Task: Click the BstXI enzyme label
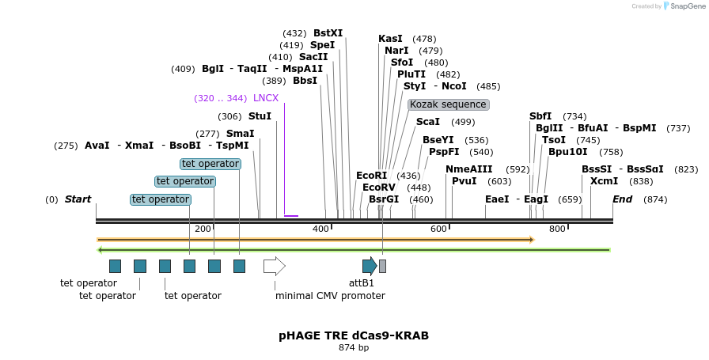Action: coord(328,33)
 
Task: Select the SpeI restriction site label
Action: coord(322,45)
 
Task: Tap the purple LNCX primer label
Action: coord(266,98)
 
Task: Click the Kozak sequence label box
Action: coord(449,104)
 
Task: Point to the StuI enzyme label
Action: coord(260,116)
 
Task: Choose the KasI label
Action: coord(390,39)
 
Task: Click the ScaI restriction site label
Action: coord(428,122)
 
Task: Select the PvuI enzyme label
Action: coord(464,181)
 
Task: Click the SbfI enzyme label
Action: coord(540,116)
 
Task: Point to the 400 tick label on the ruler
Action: coord(320,229)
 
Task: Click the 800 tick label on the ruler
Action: coord(557,229)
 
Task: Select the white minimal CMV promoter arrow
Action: coord(274,266)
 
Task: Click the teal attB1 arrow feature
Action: coord(370,266)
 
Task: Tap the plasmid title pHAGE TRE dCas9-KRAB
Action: coord(354,335)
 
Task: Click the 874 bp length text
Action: coord(354,347)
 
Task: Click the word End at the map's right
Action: coord(622,199)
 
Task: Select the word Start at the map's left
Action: coord(78,199)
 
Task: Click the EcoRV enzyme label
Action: coord(379,188)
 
